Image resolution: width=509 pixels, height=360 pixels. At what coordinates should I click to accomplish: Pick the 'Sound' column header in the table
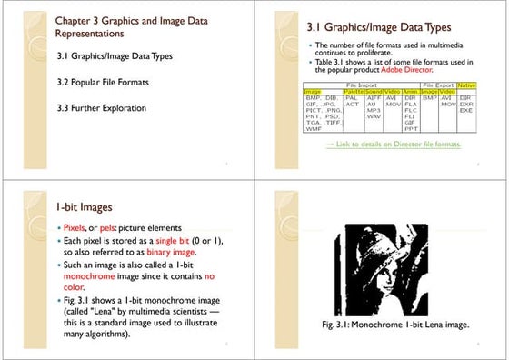point(374,91)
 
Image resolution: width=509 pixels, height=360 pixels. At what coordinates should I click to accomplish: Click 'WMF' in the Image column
point(314,129)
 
